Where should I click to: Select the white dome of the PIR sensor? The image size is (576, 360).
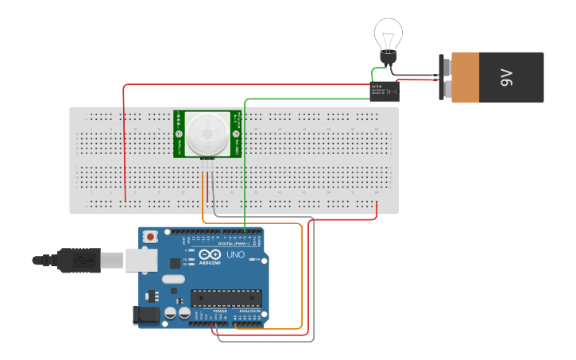pyautogui.click(x=207, y=133)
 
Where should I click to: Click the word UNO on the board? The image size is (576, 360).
pyautogui.click(x=236, y=255)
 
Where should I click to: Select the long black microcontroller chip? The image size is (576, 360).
pyautogui.click(x=226, y=298)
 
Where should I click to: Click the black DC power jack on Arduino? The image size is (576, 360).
pyautogui.click(x=147, y=315)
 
